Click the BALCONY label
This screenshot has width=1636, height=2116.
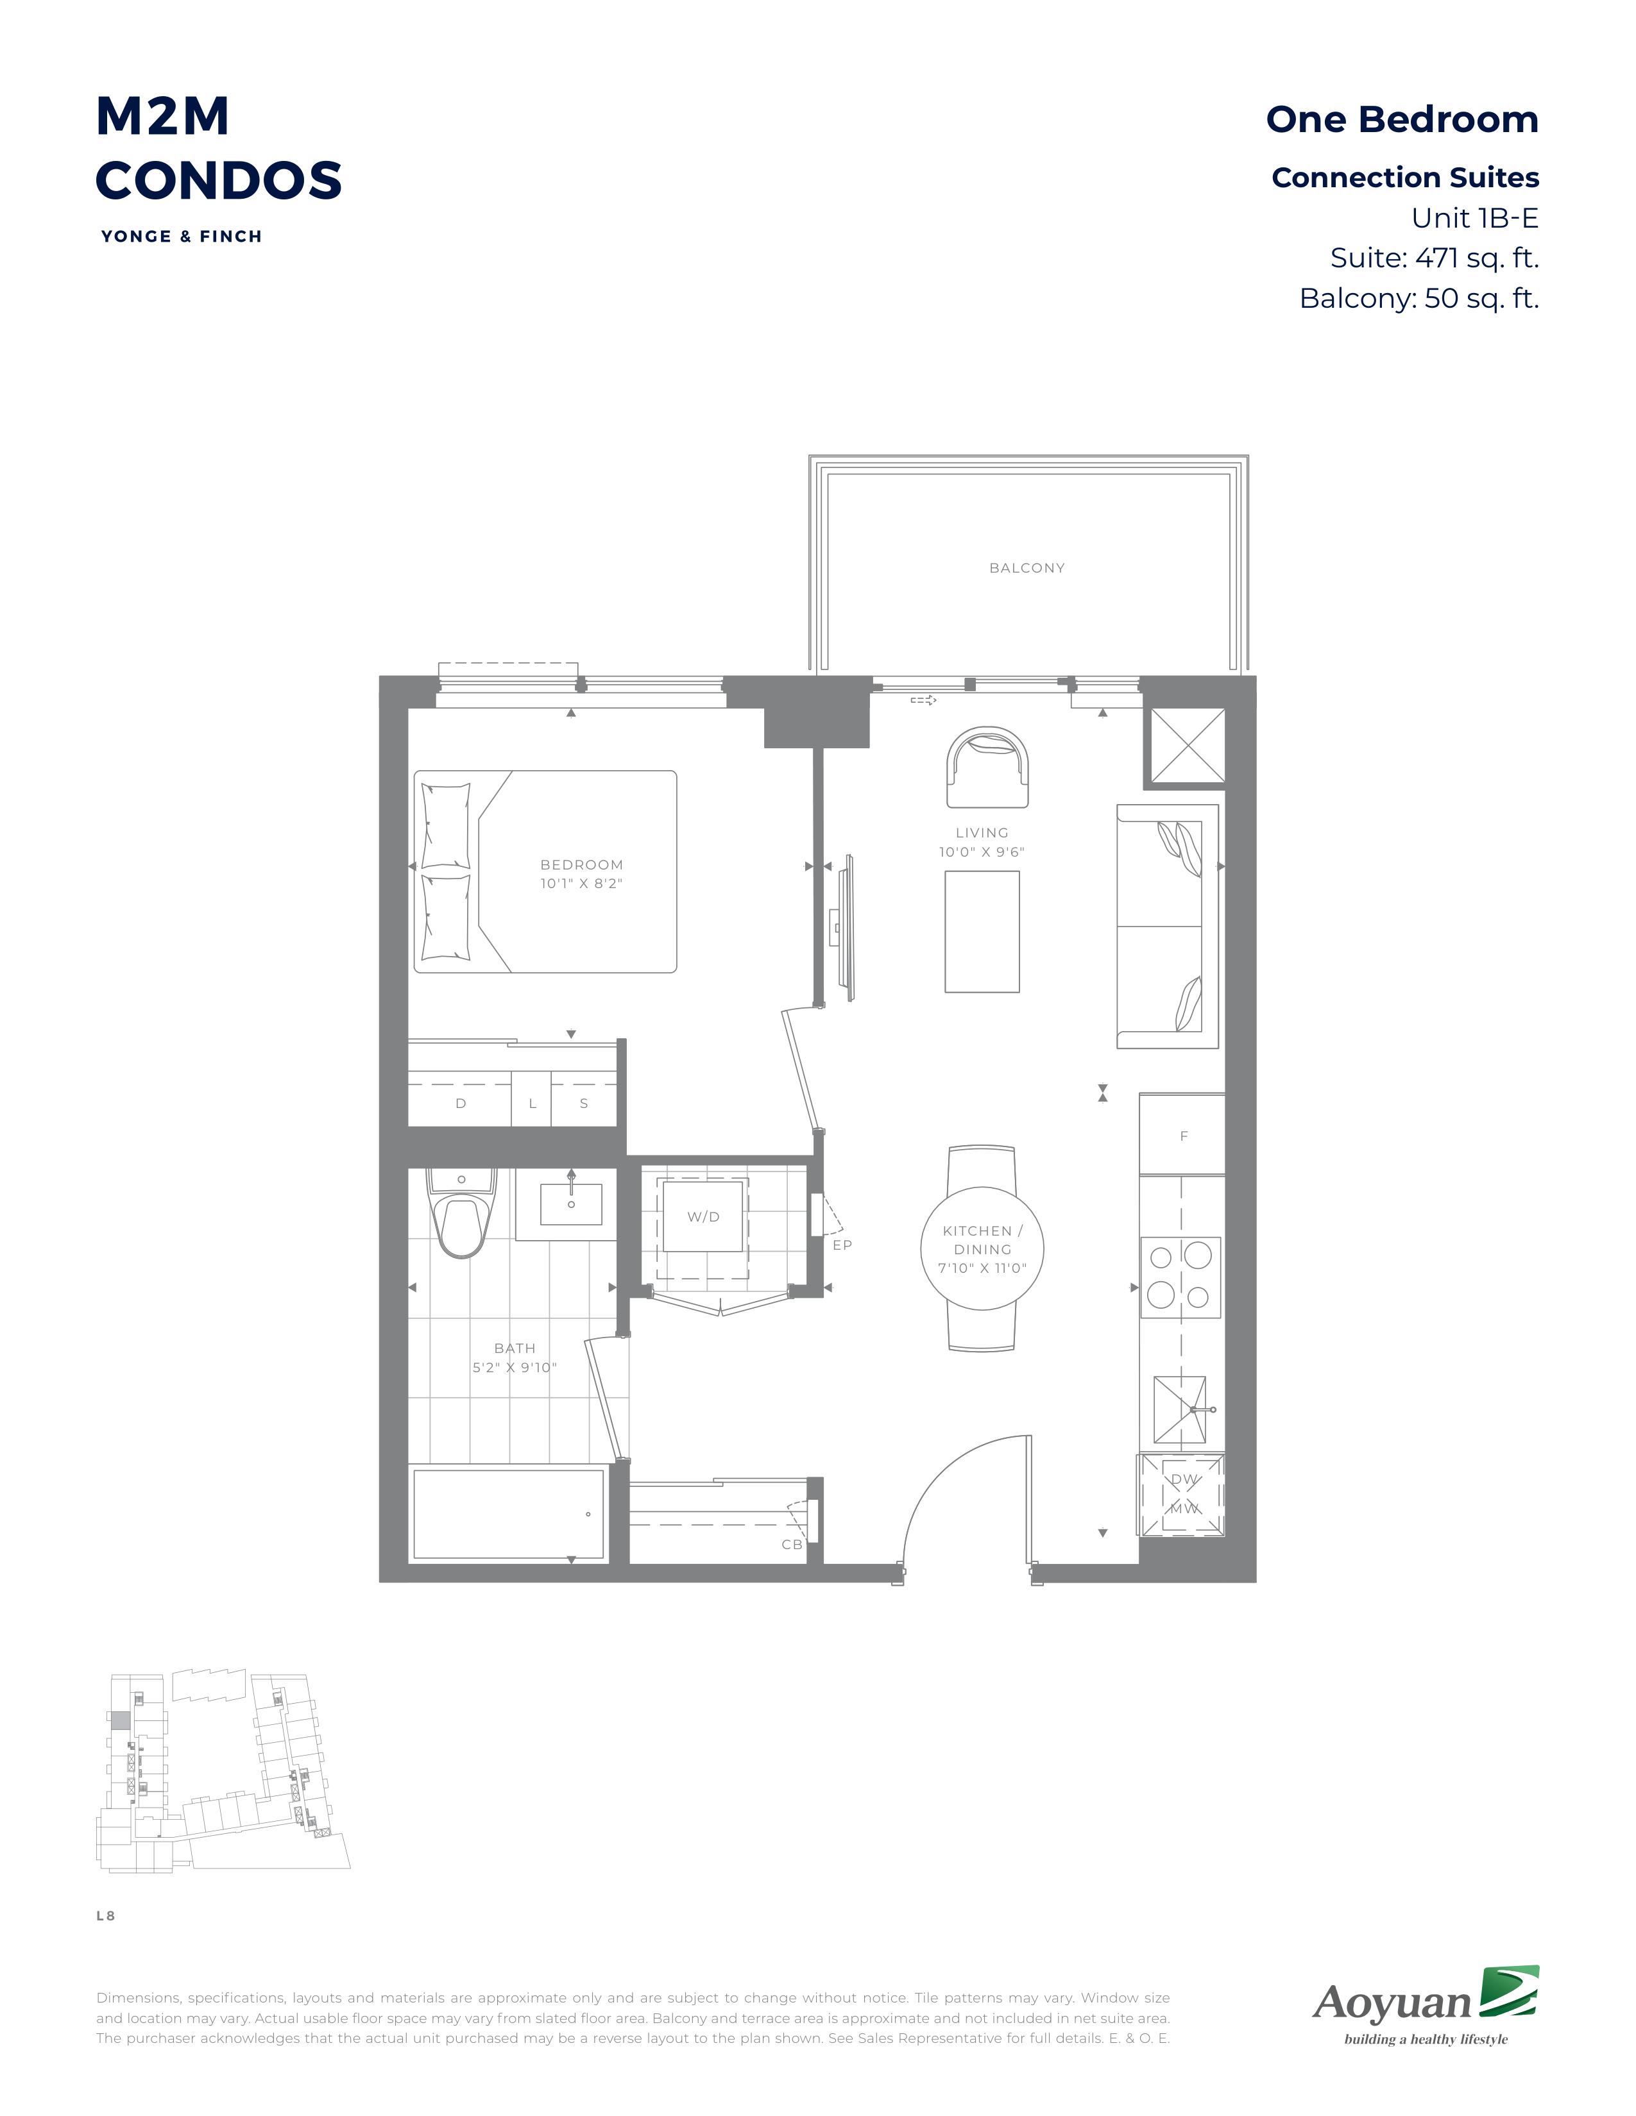click(1027, 567)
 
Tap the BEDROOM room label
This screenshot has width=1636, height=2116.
click(581, 864)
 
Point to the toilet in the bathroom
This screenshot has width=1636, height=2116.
click(461, 1213)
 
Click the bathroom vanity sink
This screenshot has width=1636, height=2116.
click(571, 1204)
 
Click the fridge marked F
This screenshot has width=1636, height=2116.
click(1182, 1134)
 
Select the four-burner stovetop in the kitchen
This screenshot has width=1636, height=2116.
click(1180, 1277)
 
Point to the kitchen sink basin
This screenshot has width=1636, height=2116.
click(1179, 1409)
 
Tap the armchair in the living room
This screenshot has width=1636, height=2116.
click(987, 768)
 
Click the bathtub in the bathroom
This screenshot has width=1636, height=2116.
click(509, 1513)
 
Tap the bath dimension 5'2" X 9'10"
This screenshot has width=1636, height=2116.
click(515, 1367)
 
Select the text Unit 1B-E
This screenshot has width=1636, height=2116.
click(1474, 218)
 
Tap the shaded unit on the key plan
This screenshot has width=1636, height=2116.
click(119, 1721)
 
